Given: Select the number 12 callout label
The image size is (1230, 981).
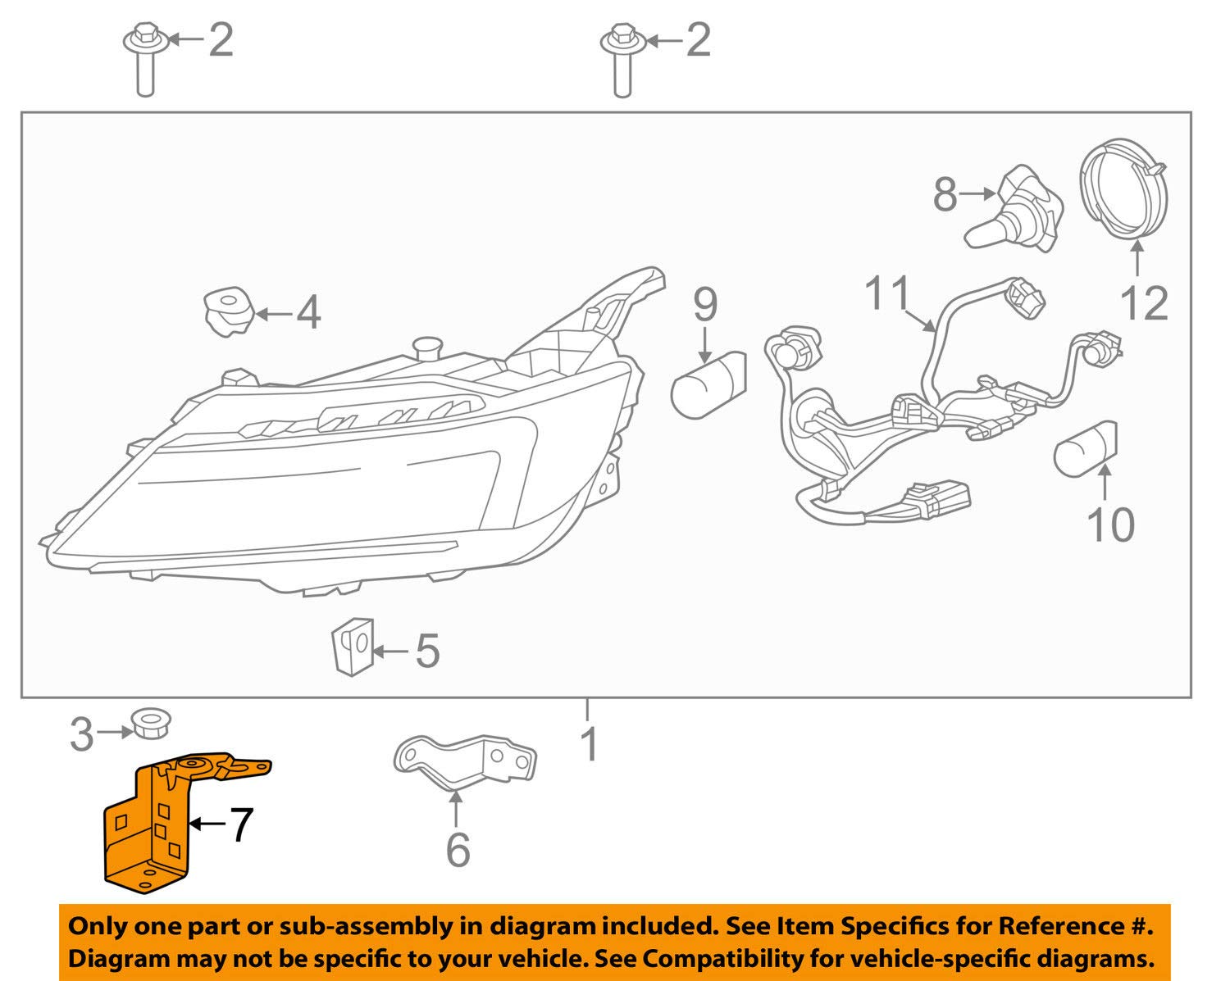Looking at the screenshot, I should tap(1143, 304).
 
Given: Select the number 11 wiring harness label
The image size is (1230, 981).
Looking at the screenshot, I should tap(888, 293).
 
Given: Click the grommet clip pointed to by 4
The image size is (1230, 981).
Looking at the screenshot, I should tap(227, 312).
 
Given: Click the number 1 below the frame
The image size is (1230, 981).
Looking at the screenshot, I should tap(589, 744).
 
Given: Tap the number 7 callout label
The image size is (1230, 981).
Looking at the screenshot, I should tap(239, 824).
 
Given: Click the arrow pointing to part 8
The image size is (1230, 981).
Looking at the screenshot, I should tap(977, 194).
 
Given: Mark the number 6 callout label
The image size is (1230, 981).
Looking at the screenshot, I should tap(458, 849).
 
